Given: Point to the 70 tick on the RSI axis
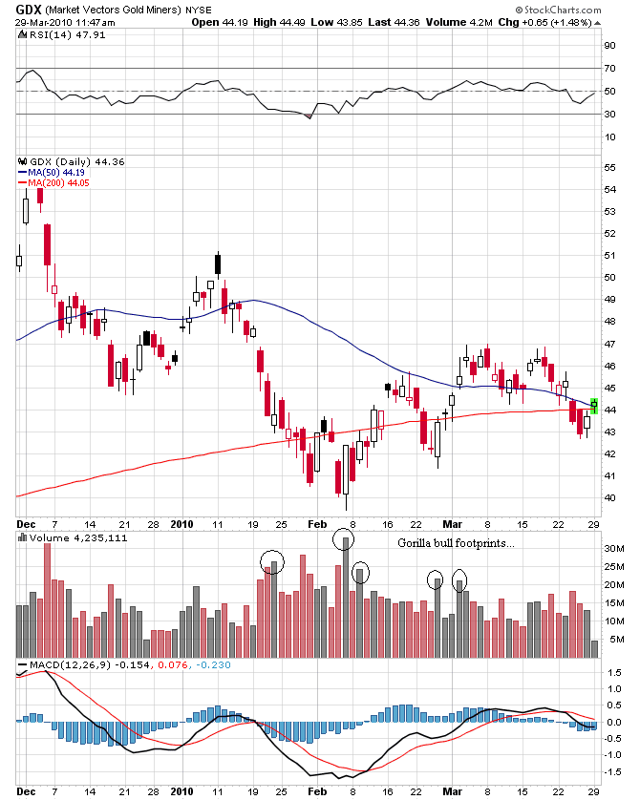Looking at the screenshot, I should click(608, 68).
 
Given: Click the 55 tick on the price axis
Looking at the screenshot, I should click(608, 167).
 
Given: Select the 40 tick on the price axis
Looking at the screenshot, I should click(608, 497).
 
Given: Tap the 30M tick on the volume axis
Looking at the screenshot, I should click(611, 549).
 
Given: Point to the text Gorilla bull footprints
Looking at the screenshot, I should click(456, 543).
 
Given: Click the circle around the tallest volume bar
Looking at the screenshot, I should click(344, 539).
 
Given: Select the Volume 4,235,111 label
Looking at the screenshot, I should click(66, 537).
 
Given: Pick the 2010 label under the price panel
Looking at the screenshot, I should click(181, 524).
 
